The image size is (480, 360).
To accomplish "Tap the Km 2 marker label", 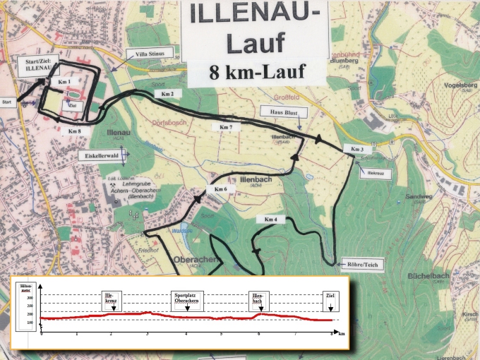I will [167, 93].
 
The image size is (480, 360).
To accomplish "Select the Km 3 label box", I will [356, 150].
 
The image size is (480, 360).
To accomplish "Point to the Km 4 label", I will [270, 220].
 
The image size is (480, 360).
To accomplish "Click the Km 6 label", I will [220, 189].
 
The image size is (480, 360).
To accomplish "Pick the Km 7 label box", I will [226, 126].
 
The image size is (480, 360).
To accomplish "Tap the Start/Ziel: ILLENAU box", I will [34, 68].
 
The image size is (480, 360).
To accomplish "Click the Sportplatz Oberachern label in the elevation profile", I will [186, 297].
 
